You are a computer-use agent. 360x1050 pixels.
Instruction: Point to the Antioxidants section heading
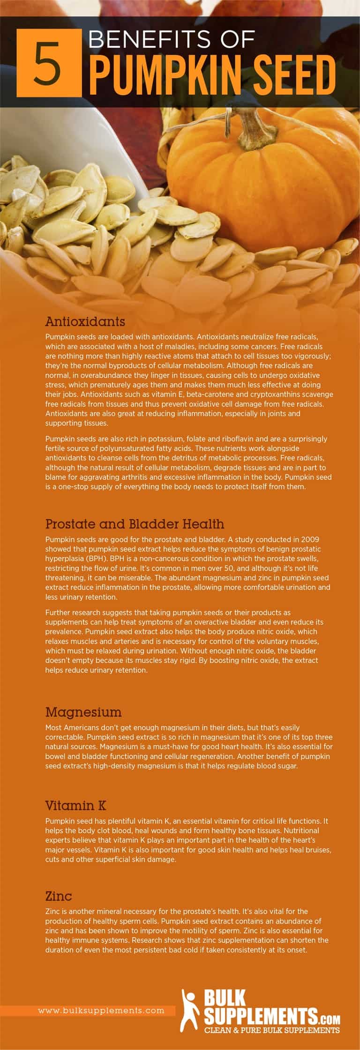click(85, 322)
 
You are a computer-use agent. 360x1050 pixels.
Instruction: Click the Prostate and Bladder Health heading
click(135, 524)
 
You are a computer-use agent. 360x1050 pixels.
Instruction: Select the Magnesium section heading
click(83, 712)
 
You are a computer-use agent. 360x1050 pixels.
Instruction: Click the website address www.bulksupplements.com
click(101, 1011)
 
